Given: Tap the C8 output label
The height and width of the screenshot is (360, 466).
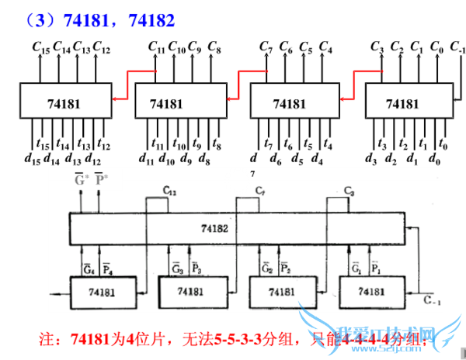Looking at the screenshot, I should (x=214, y=49).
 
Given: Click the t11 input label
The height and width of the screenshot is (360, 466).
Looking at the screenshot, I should (x=159, y=145).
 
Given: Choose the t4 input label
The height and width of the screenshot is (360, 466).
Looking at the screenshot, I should (x=328, y=144).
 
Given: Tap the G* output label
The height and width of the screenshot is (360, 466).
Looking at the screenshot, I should (x=80, y=181).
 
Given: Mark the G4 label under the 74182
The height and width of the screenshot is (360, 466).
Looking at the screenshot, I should (x=88, y=269).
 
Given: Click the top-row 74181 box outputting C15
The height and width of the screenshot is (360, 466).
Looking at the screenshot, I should (x=62, y=102).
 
